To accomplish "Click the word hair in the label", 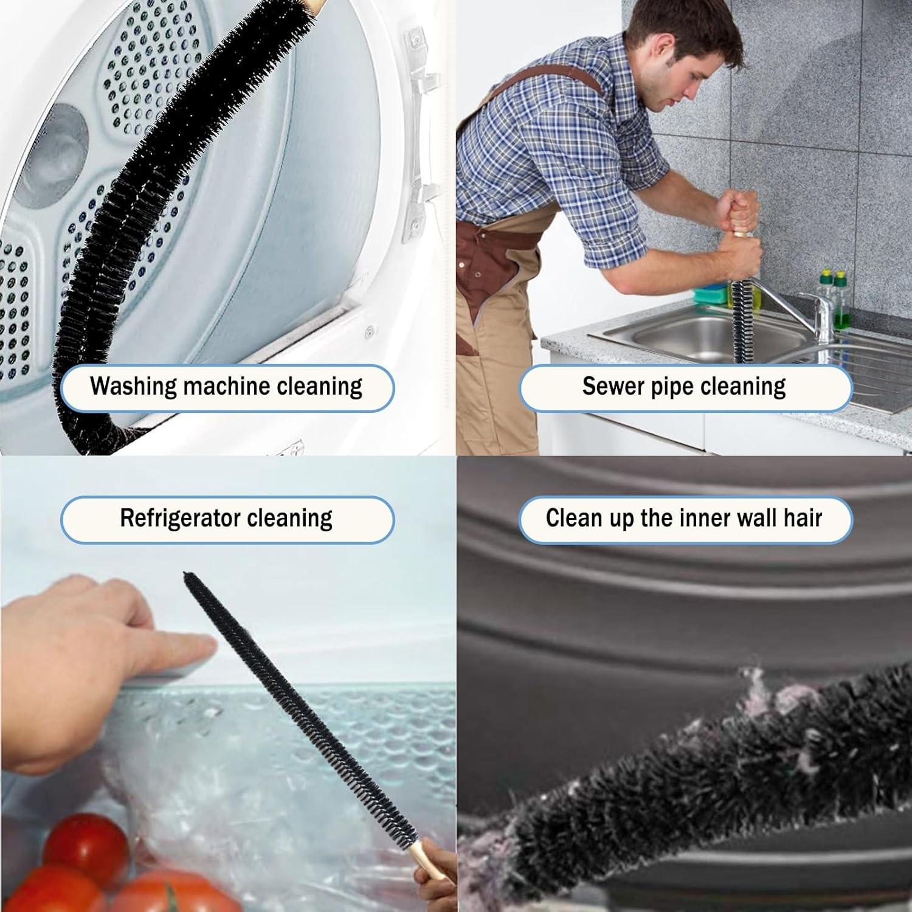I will point(803,518).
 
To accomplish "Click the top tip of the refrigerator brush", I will point(186,575).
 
